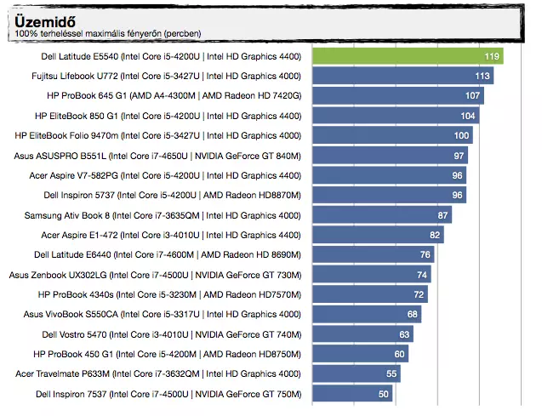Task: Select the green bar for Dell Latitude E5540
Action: [408, 56]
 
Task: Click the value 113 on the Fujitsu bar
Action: [482, 76]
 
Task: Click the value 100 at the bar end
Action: [461, 135]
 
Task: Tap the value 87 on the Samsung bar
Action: [442, 215]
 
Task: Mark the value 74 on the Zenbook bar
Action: [422, 275]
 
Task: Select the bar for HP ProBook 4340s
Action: [371, 294]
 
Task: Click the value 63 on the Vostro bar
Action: [404, 334]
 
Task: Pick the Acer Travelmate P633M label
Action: [158, 373]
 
